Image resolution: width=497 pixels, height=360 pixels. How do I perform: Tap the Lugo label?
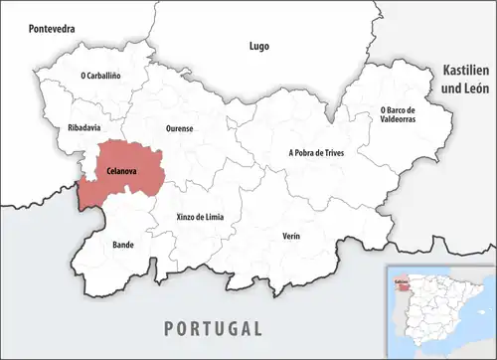tap(258, 46)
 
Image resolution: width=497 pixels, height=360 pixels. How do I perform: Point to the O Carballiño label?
tap(100, 75)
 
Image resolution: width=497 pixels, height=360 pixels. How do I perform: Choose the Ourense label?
tap(180, 128)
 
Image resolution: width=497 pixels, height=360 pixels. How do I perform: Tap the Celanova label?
tap(121, 172)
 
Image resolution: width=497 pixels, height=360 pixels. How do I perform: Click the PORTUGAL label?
tap(213, 328)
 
